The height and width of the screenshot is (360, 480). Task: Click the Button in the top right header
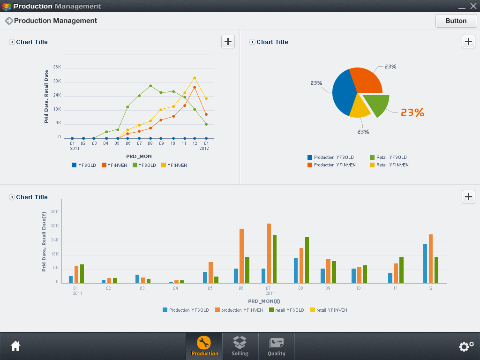(456, 21)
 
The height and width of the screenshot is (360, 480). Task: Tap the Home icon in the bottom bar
(15, 346)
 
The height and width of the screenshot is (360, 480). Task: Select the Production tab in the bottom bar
(204, 346)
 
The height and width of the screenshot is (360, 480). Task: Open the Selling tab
(240, 346)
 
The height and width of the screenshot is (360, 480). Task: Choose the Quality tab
(276, 346)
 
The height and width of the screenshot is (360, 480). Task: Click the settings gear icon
(466, 346)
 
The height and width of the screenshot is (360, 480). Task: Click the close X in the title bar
(473, 6)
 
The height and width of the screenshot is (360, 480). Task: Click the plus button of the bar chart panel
(468, 196)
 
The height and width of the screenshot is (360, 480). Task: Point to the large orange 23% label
(412, 112)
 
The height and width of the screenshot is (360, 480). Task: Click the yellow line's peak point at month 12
(195, 78)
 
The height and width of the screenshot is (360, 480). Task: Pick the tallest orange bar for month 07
(269, 253)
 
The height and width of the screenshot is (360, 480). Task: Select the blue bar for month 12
(425, 264)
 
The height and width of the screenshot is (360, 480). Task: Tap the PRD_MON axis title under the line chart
(139, 156)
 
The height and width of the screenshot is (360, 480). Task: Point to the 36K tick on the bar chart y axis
(54, 212)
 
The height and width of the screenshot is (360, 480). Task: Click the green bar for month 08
(307, 260)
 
